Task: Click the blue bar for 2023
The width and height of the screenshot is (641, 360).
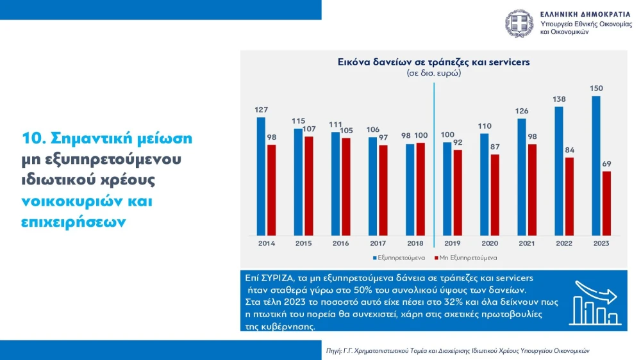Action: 596,166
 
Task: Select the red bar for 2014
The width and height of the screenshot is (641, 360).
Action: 271,190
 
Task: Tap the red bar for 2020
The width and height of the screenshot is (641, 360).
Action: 495,195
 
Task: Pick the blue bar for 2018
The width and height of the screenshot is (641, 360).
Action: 410,190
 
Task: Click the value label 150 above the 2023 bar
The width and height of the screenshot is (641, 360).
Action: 596,88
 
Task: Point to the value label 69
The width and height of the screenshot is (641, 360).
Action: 606,164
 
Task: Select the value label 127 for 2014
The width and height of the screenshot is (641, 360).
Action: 262,110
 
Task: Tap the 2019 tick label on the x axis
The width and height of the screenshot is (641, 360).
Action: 453,243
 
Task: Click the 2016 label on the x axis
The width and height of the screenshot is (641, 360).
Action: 340,243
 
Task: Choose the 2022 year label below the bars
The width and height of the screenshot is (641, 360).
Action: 564,243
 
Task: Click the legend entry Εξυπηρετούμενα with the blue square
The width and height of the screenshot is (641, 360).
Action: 399,258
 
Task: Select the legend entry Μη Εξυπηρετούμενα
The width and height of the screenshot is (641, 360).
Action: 465,258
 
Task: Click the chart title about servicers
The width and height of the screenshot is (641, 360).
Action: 434,62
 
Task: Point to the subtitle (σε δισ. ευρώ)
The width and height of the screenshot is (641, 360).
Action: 434,74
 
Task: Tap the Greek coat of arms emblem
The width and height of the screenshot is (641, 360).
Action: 519,23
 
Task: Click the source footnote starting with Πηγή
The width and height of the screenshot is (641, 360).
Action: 458,350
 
